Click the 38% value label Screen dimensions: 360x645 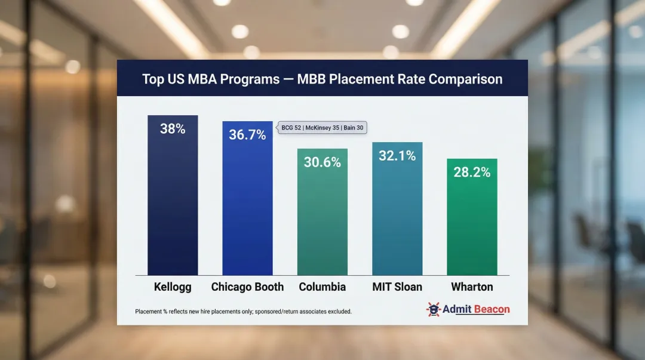tap(173, 128)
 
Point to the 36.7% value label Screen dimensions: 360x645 tap(247, 135)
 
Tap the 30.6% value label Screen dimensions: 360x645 tap(322, 162)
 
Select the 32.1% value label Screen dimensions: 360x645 tap(397, 156)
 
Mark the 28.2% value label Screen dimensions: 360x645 tap(472, 173)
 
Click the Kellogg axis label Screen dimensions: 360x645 tap(173, 287)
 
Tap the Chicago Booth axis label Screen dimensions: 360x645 tap(247, 287)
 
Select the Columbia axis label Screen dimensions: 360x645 tap(322, 287)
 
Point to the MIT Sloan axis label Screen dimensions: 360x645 tap(397, 287)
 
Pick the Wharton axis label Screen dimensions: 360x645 tap(472, 287)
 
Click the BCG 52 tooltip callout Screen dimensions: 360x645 tap(322, 127)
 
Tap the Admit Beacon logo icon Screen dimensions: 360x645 tap(434, 309)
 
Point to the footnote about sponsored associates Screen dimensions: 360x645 tap(244, 312)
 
